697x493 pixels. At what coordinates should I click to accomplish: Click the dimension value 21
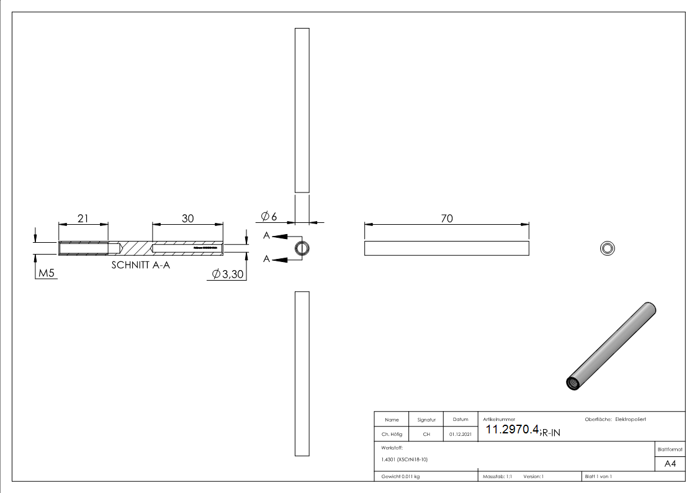[83, 218]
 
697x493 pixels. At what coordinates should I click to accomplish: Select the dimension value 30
[187, 218]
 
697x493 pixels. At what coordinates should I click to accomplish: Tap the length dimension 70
[446, 218]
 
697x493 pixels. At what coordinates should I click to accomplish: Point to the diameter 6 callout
[269, 216]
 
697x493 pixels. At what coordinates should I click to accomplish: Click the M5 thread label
[47, 274]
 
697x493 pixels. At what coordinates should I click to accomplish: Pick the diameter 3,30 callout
[228, 274]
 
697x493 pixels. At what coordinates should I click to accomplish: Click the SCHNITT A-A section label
[140, 265]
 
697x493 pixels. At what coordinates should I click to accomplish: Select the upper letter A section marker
[266, 236]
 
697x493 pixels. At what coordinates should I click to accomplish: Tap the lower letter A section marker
[266, 259]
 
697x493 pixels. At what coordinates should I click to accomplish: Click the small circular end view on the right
[607, 248]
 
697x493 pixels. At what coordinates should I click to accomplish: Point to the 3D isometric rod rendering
[611, 346]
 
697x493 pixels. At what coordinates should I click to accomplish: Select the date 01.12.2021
[461, 435]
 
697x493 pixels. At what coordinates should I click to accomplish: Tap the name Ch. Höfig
[392, 435]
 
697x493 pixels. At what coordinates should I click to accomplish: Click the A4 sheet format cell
[670, 464]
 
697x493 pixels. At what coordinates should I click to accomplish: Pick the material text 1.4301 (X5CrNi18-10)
[405, 459]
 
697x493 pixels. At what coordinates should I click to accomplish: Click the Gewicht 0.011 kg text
[400, 476]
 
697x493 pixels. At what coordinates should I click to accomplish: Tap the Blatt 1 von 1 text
[598, 476]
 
